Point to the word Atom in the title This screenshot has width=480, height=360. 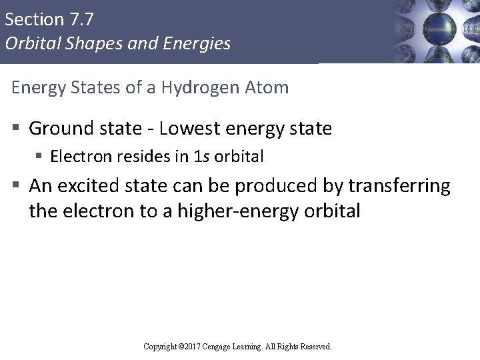(269, 87)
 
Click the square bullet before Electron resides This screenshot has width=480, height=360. (39, 157)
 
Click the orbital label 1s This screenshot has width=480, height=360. (198, 157)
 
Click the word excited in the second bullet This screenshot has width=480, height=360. (100, 185)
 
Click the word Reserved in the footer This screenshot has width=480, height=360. (314, 347)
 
